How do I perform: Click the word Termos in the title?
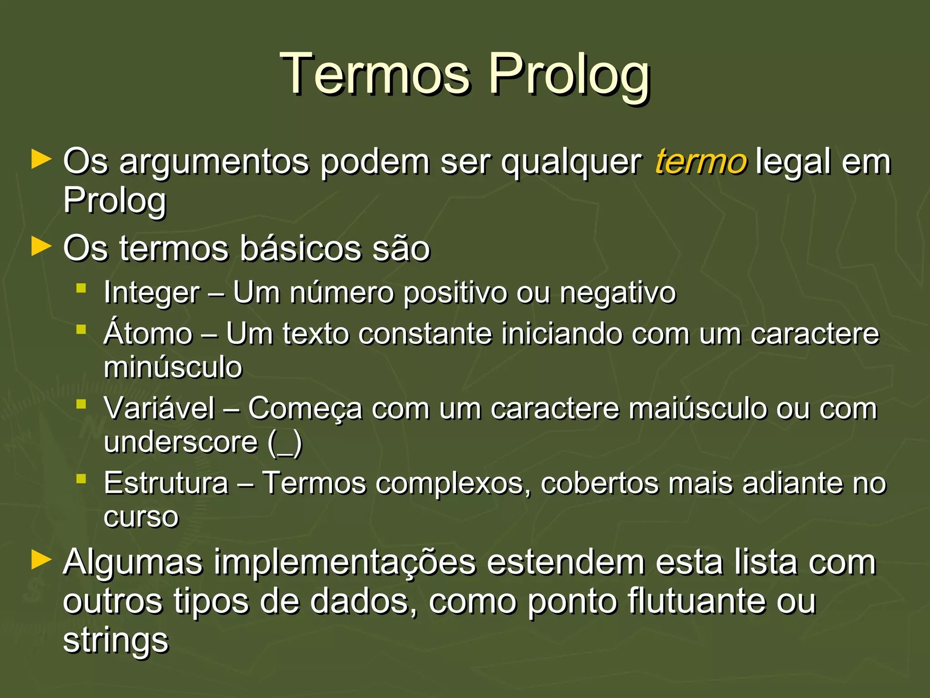pyautogui.click(x=375, y=74)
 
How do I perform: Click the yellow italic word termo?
pyautogui.click(x=700, y=162)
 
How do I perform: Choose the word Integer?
pyautogui.click(x=152, y=293)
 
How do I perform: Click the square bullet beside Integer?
pyautogui.click(x=81, y=288)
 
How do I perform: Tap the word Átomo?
pyautogui.click(x=148, y=333)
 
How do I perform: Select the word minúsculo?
pyautogui.click(x=173, y=367)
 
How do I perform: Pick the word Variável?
pyautogui.click(x=159, y=408)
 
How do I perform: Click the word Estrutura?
pyautogui.click(x=166, y=483)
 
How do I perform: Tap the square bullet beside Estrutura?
pyautogui.click(x=81, y=478)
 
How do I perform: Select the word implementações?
pyautogui.click(x=345, y=563)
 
